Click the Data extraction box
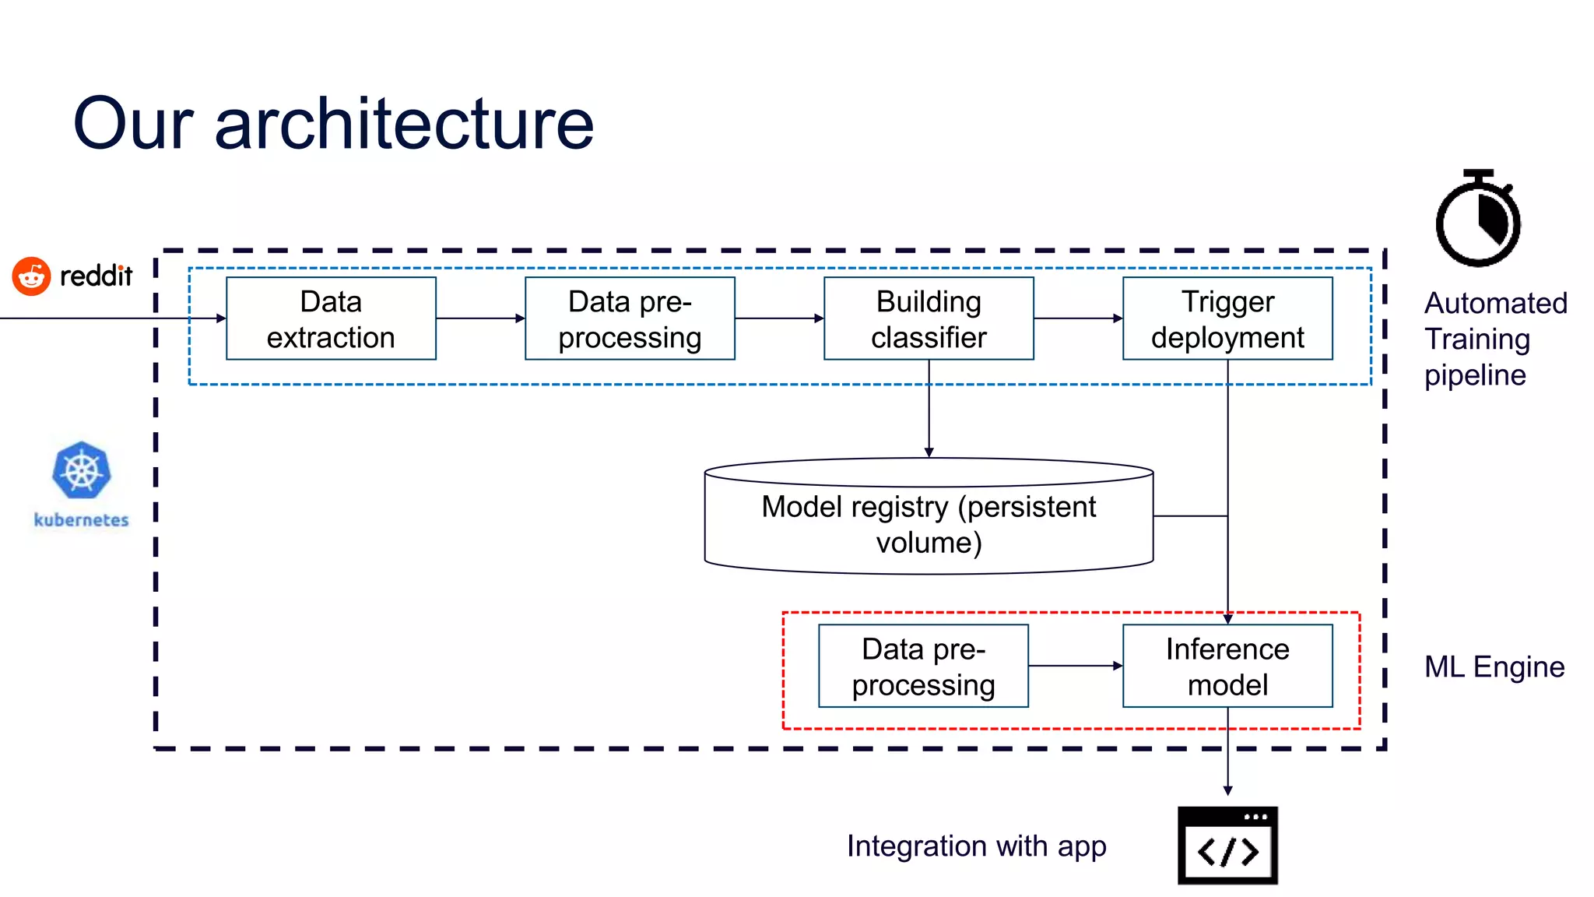tap(331, 318)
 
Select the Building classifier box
tap(929, 318)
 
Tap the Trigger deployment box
tap(1227, 318)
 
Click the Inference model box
tap(1227, 666)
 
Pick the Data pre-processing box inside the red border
tap(923, 666)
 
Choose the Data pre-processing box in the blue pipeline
tap(630, 318)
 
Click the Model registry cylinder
tap(929, 518)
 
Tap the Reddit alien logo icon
tap(31, 276)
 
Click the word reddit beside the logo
tap(97, 276)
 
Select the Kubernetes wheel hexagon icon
tap(82, 470)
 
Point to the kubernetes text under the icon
tap(81, 520)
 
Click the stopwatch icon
tap(1477, 221)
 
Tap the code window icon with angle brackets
tap(1227, 846)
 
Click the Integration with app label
tap(976, 846)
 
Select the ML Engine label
tap(1494, 667)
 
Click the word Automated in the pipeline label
tap(1495, 303)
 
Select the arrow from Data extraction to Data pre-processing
tap(480, 318)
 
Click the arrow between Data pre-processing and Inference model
tap(1075, 666)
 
